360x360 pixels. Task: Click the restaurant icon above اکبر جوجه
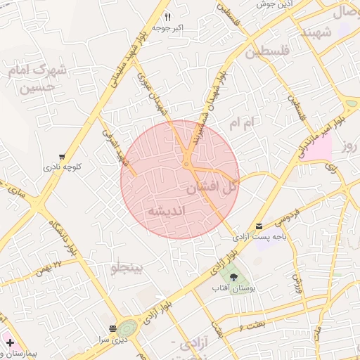tap(167, 16)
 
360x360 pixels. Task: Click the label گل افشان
tap(212, 188)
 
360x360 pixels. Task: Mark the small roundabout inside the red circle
tap(186, 165)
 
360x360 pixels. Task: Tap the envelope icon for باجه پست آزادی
tap(260, 226)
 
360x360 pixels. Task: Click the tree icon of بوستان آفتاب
tap(233, 277)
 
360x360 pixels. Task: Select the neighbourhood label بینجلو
tap(127, 268)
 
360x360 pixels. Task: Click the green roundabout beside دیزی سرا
tap(127, 328)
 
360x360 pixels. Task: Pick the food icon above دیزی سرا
tap(112, 328)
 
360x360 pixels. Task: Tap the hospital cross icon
tap(10, 342)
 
